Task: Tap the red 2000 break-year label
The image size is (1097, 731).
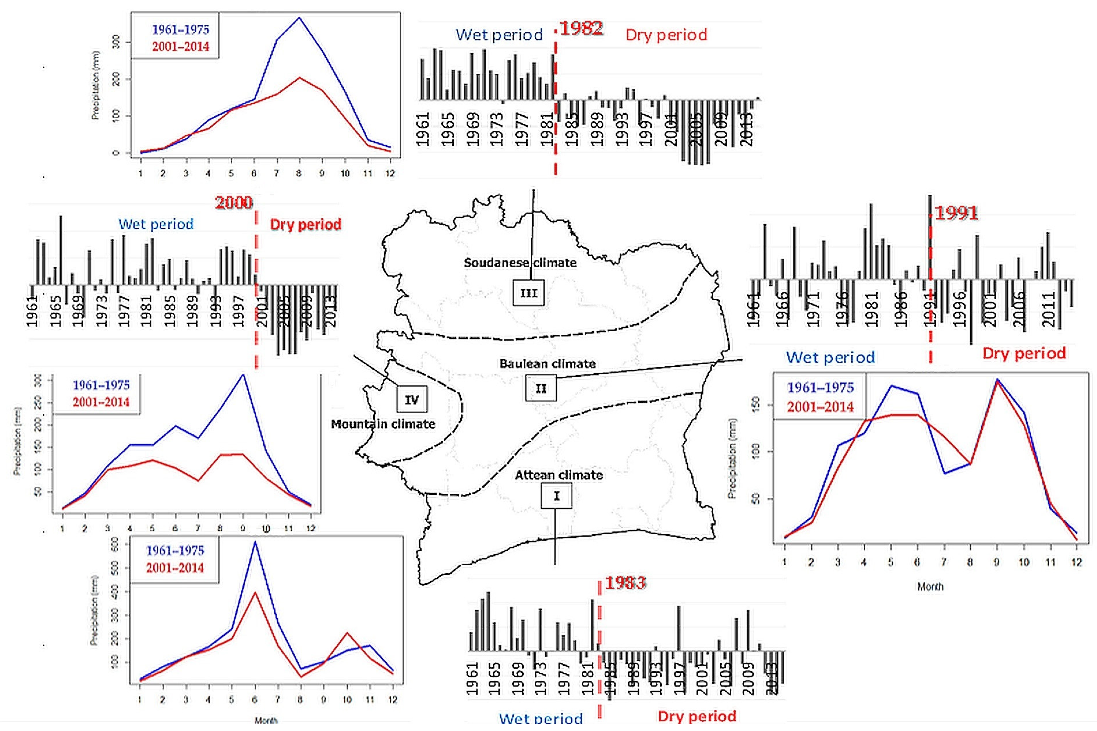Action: [234, 203]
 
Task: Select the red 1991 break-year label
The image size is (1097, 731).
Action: [956, 214]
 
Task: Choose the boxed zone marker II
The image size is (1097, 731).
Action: [541, 388]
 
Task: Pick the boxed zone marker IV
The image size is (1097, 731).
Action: [412, 399]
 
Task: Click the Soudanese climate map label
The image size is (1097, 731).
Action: [520, 263]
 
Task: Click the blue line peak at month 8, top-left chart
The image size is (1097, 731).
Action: [299, 18]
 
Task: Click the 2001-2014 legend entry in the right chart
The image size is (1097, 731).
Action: [820, 407]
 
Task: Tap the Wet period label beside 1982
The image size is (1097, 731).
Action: [499, 35]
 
